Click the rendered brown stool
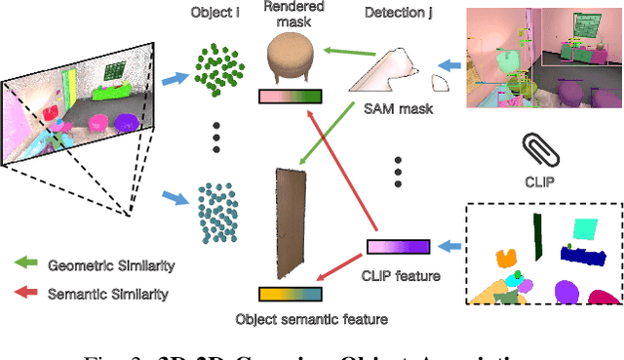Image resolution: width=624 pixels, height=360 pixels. point(293,59)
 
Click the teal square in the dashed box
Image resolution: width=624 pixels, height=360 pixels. point(585,230)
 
